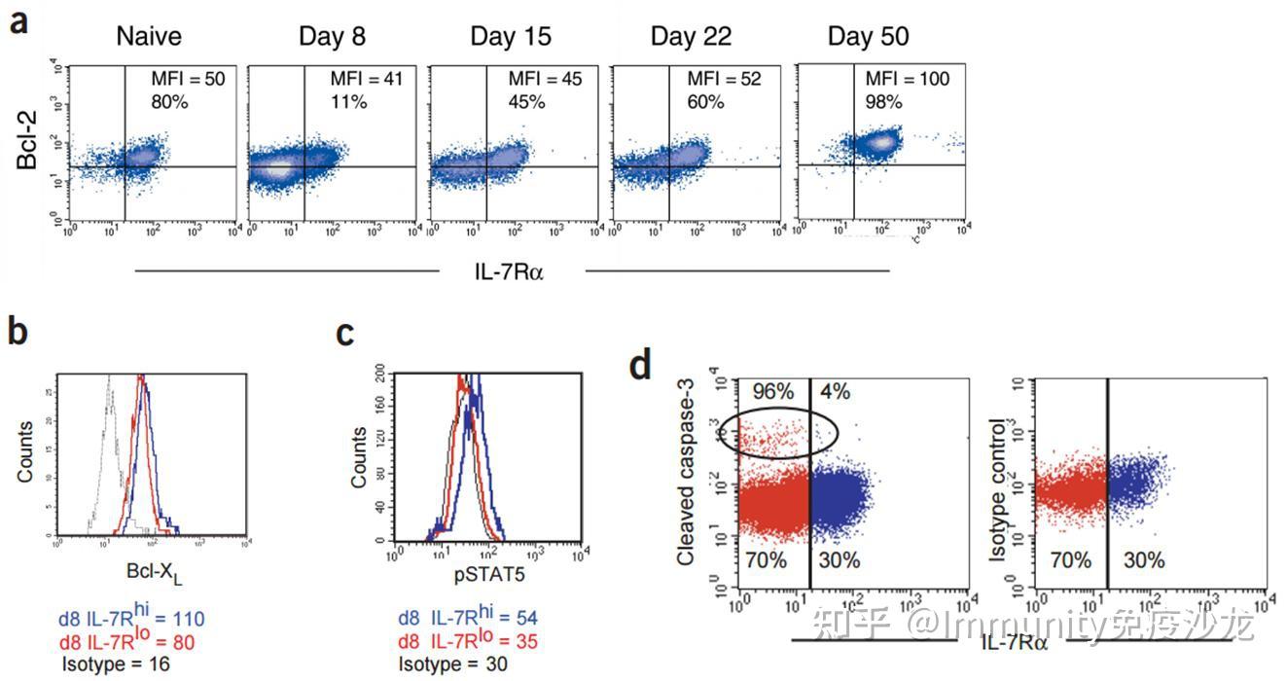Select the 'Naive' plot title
pos(149,37)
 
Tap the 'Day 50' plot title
pos(868,37)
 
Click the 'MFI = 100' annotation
pos(907,79)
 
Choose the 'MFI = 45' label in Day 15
pos(545,79)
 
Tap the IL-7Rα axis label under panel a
pos(509,271)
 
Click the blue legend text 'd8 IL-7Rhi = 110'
pos(131,618)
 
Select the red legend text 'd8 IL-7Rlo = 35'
pos(467,641)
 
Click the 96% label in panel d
pos(772,392)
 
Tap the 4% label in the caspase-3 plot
pos(835,392)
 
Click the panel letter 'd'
pos(640,366)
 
